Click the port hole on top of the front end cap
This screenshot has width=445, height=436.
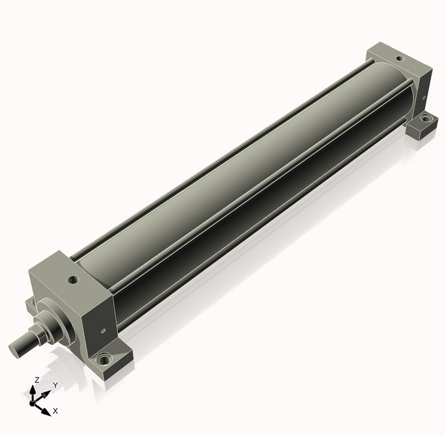73,280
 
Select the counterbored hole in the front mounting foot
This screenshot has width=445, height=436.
103,359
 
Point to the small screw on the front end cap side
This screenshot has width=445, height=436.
103,331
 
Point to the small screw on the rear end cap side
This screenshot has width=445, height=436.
423,98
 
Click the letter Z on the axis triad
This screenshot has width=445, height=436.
36,380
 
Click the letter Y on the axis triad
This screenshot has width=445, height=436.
56,385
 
